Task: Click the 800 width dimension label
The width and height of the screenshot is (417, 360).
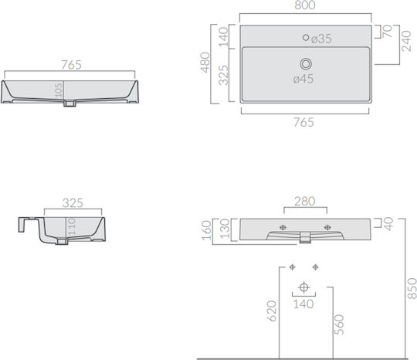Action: coord(305,5)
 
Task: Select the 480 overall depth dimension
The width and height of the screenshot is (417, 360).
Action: coord(205,63)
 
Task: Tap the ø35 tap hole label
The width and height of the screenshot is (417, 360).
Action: coord(321,39)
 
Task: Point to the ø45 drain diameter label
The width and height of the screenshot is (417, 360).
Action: coord(303,79)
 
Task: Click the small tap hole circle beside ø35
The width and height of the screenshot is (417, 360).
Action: coord(306,38)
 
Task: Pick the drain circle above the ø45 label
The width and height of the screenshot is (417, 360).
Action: coord(306,64)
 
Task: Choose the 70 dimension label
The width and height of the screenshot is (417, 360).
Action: coord(387,31)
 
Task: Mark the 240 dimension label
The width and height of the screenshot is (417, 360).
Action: coord(406,41)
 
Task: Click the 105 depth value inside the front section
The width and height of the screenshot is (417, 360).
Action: coord(59,90)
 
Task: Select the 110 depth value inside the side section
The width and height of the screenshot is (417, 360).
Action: coord(71,226)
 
